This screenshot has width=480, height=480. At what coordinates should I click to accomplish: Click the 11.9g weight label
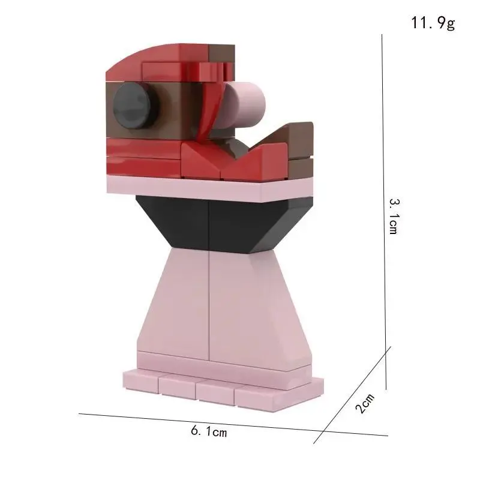(432, 23)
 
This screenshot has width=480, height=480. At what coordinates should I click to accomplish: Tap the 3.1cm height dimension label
(394, 216)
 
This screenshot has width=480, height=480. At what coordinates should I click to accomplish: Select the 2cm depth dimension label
(365, 403)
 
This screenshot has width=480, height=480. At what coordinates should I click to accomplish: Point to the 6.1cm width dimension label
(209, 431)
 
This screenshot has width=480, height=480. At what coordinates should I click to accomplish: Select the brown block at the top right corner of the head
(221, 53)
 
